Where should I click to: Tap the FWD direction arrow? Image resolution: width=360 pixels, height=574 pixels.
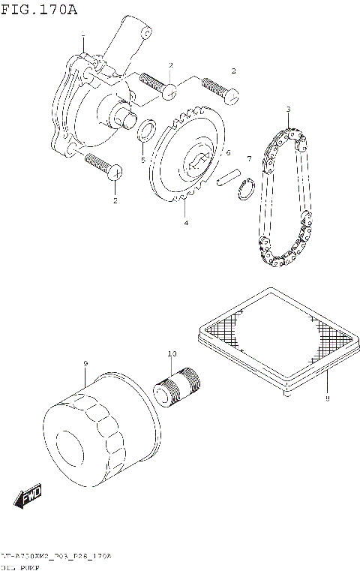tap(28, 496)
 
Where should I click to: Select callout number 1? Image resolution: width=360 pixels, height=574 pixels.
tap(83, 37)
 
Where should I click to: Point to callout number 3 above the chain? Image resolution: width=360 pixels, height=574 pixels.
tap(288, 110)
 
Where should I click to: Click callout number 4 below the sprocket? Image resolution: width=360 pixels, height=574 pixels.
tap(186, 223)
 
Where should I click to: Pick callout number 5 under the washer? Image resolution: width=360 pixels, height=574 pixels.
tap(143, 160)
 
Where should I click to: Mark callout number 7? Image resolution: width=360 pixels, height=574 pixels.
tap(249, 158)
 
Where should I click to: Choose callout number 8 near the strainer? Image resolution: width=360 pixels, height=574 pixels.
tap(328, 399)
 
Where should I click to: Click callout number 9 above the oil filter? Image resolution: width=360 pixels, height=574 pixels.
tap(86, 364)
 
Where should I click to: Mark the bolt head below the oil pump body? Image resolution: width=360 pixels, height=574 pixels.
tap(115, 173)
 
